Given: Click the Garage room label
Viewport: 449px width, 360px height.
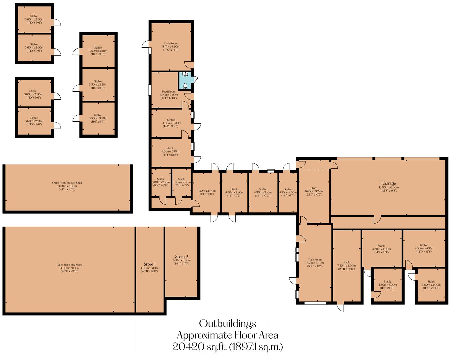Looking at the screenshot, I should (389, 183).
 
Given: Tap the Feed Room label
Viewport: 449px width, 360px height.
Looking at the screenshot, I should (169, 92).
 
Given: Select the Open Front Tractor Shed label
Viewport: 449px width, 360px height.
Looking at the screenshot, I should (67, 183).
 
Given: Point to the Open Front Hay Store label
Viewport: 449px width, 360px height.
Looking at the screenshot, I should (69, 265).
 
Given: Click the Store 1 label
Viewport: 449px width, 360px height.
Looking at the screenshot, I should (150, 264).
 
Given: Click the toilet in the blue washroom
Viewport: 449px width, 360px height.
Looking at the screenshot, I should (185, 86).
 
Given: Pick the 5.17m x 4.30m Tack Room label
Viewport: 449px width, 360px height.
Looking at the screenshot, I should (170, 43).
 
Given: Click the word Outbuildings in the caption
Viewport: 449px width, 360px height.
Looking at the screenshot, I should (228, 323).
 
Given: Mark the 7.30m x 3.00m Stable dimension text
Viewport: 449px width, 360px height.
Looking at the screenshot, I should (347, 266).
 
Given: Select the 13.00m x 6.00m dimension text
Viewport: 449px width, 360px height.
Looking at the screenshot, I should (389, 187).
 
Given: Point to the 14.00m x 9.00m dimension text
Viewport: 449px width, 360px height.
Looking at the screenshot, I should (69, 268).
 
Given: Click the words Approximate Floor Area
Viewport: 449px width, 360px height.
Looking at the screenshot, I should (228, 335).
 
